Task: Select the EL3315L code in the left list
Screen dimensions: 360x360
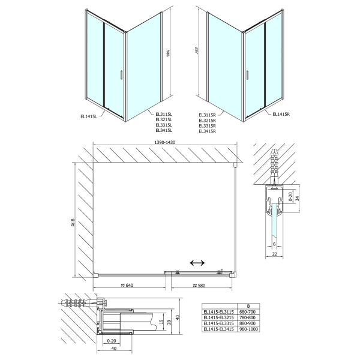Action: click(164, 124)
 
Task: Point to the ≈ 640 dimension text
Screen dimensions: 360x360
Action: click(127, 284)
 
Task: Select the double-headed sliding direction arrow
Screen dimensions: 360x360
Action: click(197, 263)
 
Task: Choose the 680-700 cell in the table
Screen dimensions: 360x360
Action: click(249, 312)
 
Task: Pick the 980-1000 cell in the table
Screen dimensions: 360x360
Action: click(249, 329)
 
